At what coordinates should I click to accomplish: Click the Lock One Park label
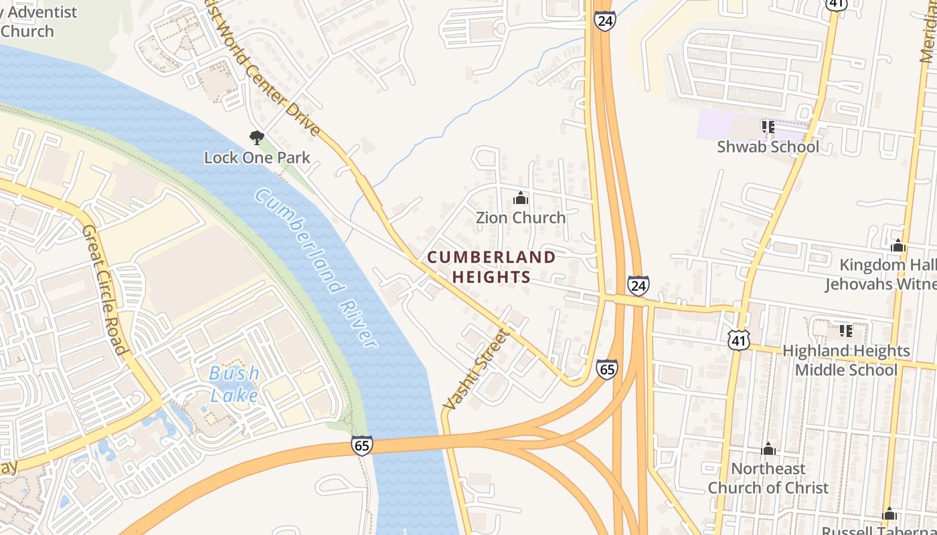click(x=257, y=158)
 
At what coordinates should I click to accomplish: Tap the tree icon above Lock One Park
click(x=256, y=138)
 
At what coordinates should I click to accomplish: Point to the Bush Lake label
click(x=234, y=385)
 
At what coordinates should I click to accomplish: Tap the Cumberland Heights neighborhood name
click(x=491, y=267)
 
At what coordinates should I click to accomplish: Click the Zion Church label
click(x=521, y=217)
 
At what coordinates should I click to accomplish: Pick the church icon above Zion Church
click(x=521, y=198)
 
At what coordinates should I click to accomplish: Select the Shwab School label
click(x=768, y=146)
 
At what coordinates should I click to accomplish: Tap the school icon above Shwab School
click(x=768, y=126)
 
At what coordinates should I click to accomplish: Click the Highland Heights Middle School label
click(x=846, y=360)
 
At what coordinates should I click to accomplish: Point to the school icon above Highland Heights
click(x=846, y=330)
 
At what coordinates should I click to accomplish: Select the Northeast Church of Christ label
click(x=768, y=478)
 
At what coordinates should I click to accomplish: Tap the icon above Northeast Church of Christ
click(x=768, y=449)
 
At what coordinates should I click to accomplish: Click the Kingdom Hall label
click(x=887, y=265)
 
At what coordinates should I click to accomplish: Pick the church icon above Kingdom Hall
click(x=898, y=245)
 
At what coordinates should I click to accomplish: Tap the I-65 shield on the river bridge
click(x=361, y=445)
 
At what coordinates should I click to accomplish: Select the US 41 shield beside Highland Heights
click(x=739, y=341)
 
